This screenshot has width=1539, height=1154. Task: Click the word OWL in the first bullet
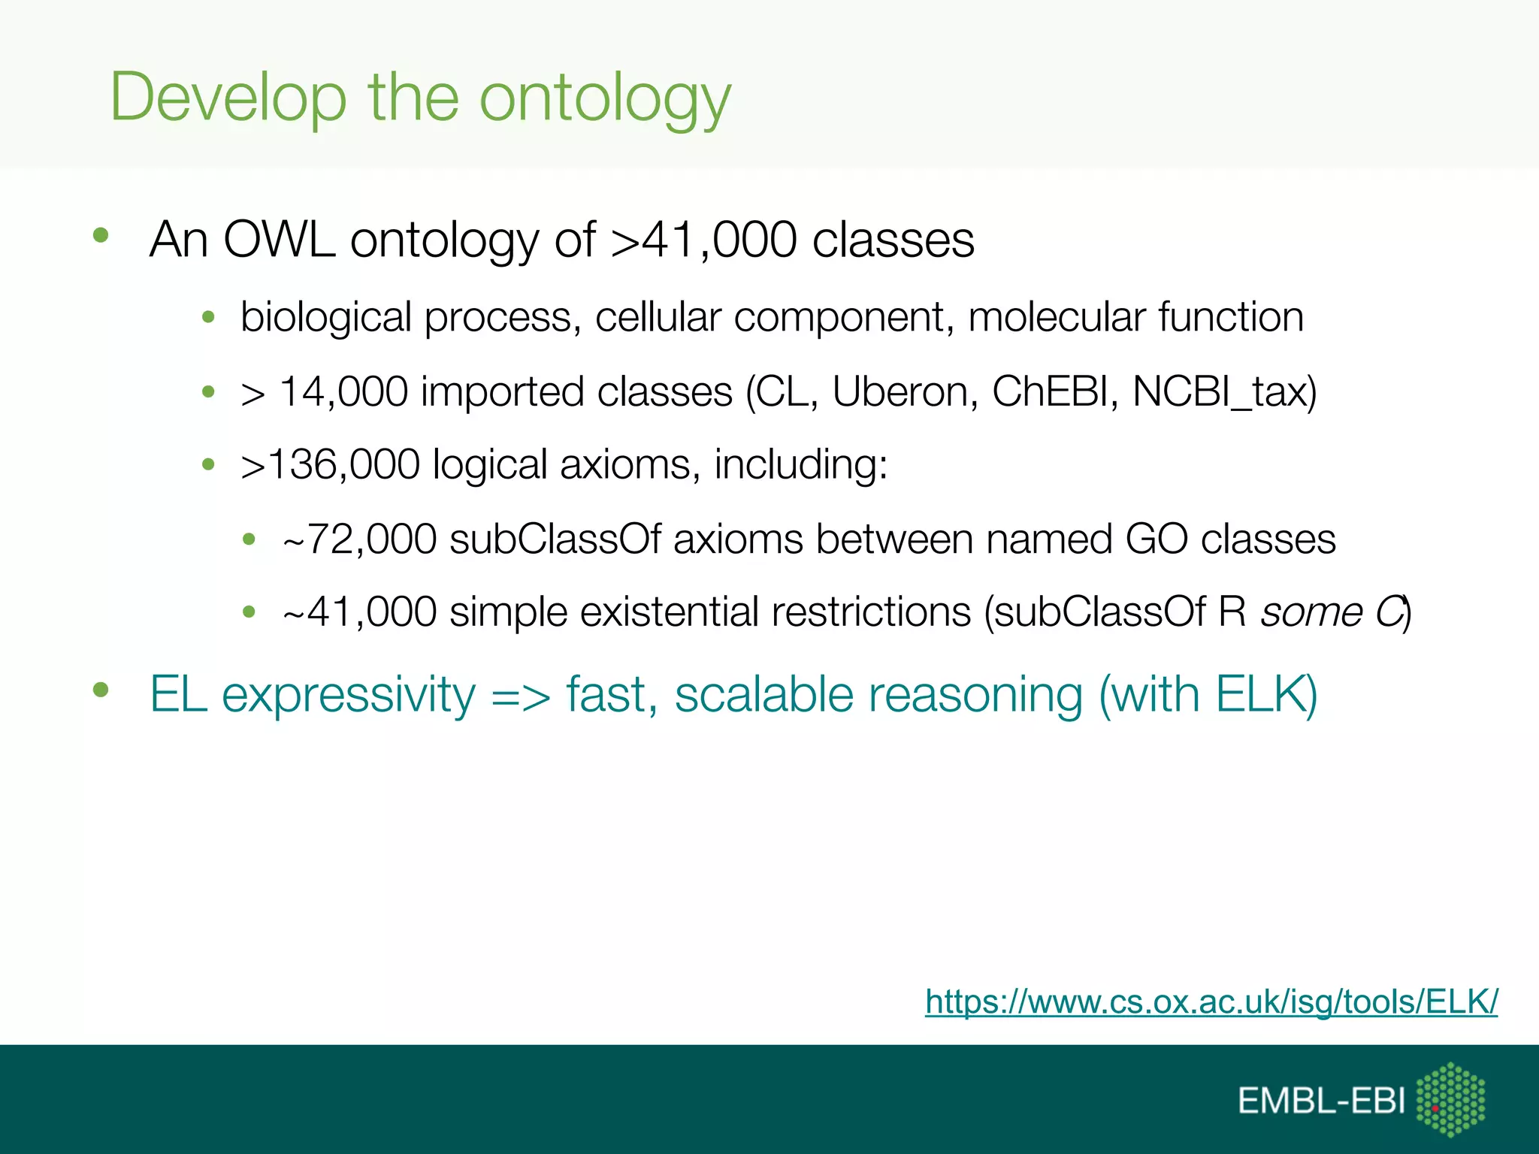click(279, 240)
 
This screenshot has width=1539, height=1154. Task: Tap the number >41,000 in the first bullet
click(703, 240)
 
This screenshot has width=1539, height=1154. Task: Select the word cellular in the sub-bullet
click(658, 317)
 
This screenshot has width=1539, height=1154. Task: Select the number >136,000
click(330, 464)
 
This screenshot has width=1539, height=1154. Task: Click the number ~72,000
click(359, 539)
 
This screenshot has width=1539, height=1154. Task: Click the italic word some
click(1311, 612)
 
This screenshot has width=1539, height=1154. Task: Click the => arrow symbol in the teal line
click(520, 696)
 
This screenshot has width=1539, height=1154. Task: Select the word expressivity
click(349, 696)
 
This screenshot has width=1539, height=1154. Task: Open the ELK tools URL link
click(1211, 1001)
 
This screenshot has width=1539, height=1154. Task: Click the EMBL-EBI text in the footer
click(1321, 1101)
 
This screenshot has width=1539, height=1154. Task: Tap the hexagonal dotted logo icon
click(1450, 1098)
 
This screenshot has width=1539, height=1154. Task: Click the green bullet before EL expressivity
click(101, 689)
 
